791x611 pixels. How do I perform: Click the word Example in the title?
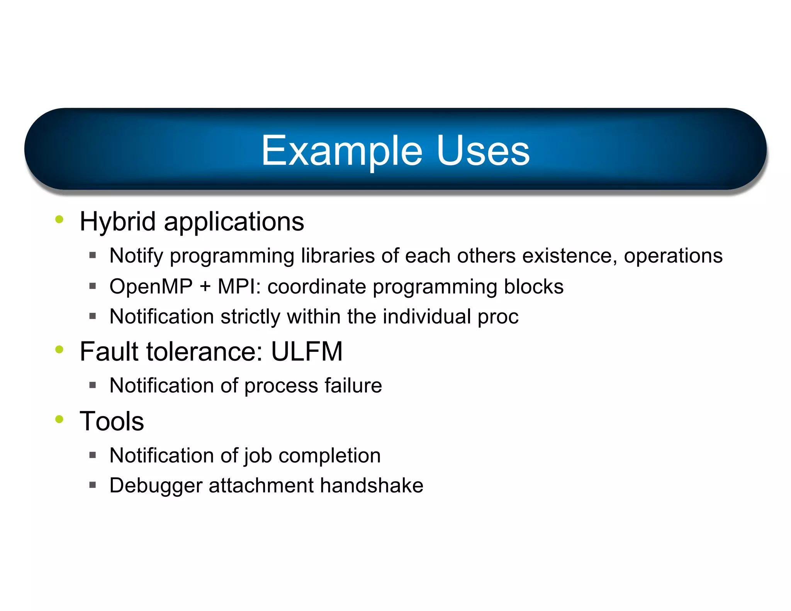pyautogui.click(x=342, y=151)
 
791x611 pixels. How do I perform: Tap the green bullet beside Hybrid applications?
pyautogui.click(x=59, y=219)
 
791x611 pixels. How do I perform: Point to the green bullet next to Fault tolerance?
pyautogui.click(x=59, y=350)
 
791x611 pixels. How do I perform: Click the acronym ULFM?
pyautogui.click(x=307, y=351)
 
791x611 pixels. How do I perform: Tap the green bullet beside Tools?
pyautogui.click(x=59, y=419)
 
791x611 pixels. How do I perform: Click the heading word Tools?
pyautogui.click(x=112, y=421)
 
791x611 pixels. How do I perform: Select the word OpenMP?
pyautogui.click(x=151, y=287)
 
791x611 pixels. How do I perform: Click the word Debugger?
pyautogui.click(x=156, y=486)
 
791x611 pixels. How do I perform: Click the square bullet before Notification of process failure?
pyautogui.click(x=92, y=385)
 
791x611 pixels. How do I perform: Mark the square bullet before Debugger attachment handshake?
pyautogui.click(x=92, y=485)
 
